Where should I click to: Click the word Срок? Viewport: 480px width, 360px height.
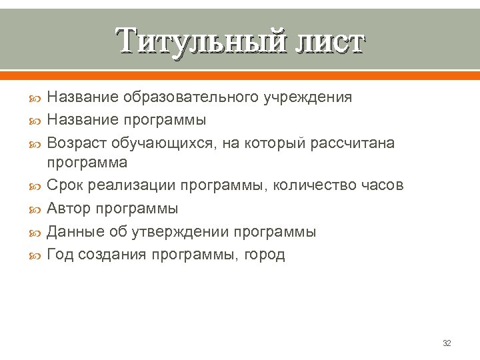tap(65, 185)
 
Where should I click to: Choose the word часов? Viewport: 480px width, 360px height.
tap(383, 185)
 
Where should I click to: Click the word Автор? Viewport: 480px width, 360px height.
tap(69, 209)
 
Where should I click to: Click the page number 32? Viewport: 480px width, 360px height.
tap(447, 343)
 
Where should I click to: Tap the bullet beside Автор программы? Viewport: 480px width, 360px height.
tap(37, 209)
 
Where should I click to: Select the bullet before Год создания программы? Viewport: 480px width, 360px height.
tap(37, 254)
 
